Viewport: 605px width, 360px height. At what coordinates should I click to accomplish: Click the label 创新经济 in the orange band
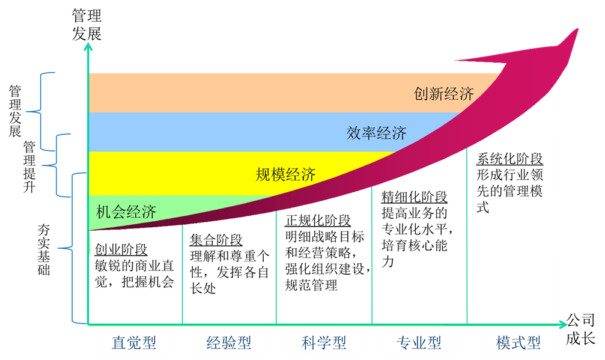[444, 94]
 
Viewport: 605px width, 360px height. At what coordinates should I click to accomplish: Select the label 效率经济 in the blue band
[376, 133]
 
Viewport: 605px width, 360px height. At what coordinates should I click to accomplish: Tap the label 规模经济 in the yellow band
[285, 175]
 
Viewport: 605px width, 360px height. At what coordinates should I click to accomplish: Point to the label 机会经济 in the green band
[126, 212]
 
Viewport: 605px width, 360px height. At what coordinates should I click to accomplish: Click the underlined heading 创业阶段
[121, 249]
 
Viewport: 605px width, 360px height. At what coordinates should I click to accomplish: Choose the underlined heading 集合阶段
[216, 240]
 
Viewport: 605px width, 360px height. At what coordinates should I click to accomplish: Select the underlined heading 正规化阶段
[318, 221]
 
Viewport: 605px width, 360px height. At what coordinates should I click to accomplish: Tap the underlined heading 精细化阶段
[415, 197]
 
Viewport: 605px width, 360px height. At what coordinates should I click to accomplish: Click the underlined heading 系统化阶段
[509, 159]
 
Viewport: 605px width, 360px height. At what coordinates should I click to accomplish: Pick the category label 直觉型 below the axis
[134, 343]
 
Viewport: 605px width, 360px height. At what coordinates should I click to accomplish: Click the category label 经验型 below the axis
[229, 343]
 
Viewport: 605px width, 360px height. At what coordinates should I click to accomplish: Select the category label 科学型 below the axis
[324, 343]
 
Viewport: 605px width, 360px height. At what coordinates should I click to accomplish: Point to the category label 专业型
[419, 343]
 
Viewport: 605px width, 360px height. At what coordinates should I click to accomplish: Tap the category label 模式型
[518, 343]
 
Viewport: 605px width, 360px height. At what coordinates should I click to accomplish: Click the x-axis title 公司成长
[581, 329]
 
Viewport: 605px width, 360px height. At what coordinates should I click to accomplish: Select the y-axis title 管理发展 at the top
[87, 25]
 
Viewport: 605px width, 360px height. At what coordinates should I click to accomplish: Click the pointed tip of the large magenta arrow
[578, 29]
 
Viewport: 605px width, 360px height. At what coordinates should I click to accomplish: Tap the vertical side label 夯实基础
[44, 249]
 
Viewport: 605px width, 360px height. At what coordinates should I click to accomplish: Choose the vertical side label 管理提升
[29, 166]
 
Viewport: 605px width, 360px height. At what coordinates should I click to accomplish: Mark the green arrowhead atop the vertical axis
[88, 47]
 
